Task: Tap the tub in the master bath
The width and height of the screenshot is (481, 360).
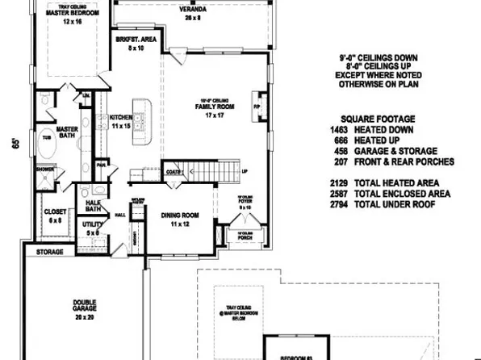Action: point(46,137)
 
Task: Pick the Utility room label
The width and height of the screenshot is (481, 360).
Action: point(92,228)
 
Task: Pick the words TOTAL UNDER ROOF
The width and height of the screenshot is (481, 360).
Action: point(402,204)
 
